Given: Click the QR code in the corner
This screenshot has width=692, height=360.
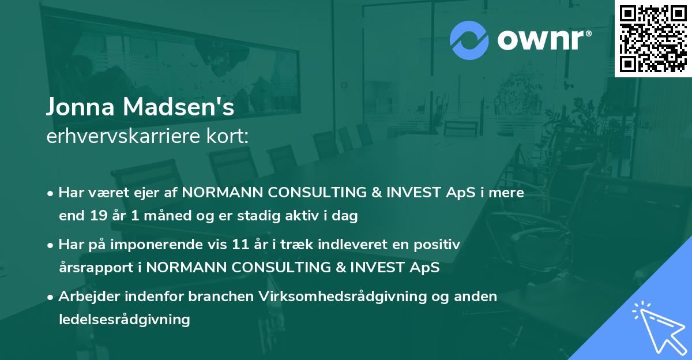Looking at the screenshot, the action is click(x=653, y=39).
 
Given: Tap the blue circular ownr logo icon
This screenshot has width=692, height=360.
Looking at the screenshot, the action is click(x=469, y=40).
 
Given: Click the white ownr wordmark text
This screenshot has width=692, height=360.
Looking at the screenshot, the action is click(x=540, y=40).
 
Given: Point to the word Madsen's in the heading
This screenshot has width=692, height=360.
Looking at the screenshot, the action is click(x=179, y=107).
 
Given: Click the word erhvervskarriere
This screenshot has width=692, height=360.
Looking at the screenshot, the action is click(x=123, y=136).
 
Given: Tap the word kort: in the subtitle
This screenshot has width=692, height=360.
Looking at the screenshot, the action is click(x=227, y=136).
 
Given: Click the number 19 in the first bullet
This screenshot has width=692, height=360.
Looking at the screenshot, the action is click(x=99, y=215).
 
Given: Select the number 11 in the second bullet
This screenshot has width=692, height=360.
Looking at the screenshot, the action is click(x=240, y=245).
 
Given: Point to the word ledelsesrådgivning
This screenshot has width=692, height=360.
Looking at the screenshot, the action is click(x=125, y=320).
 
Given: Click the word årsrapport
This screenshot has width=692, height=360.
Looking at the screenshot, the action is click(x=96, y=268).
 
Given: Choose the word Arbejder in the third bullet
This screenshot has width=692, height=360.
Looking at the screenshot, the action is click(x=89, y=297).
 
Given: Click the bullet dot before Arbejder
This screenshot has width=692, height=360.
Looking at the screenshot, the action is click(x=50, y=297).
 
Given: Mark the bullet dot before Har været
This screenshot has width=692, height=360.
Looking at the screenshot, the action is click(x=50, y=193).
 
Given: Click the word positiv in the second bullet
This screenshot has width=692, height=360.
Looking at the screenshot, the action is click(x=437, y=245).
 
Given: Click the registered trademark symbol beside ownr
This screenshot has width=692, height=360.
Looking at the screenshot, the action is click(x=588, y=33).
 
